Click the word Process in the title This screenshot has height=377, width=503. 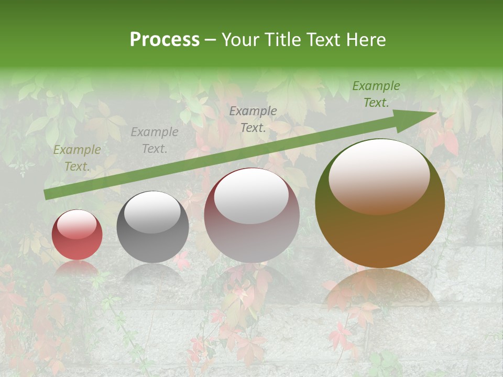(x=165, y=40)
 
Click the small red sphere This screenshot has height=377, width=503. (x=77, y=236)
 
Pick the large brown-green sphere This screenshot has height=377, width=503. (x=380, y=209)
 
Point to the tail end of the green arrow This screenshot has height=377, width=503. (x=47, y=194)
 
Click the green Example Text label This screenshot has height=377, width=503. (x=376, y=94)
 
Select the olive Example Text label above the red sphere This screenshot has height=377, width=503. (x=77, y=158)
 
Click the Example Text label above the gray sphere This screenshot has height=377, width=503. (x=155, y=140)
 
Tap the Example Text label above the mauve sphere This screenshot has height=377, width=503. (x=253, y=119)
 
